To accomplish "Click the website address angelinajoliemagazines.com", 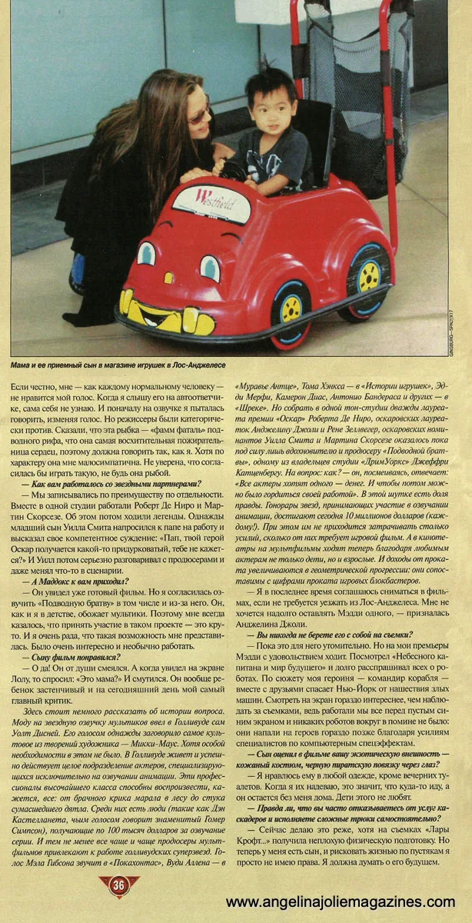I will pos(347,901).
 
